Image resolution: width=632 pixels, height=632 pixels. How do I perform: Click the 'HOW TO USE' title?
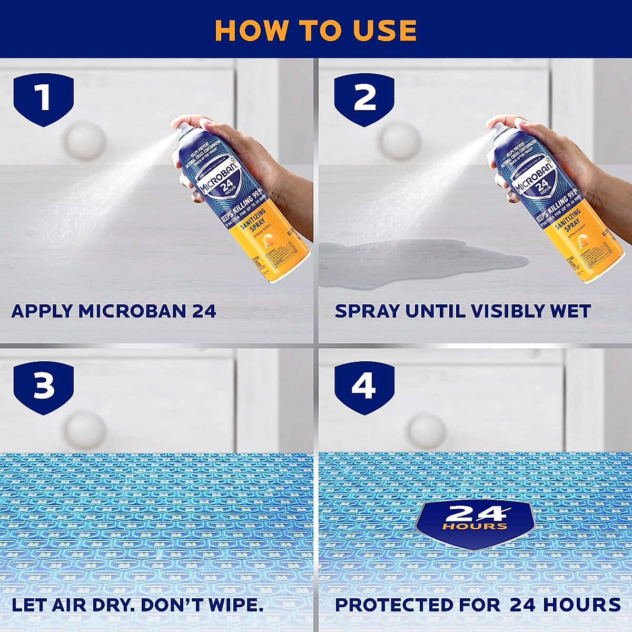316,30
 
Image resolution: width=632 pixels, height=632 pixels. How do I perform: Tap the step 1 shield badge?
43,98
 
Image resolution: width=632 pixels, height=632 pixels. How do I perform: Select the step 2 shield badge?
364,98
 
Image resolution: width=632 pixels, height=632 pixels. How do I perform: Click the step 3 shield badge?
43,387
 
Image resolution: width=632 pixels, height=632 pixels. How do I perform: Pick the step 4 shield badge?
364,387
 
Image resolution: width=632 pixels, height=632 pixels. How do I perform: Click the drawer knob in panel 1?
84,141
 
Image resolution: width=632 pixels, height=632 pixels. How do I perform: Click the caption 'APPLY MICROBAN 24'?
114,311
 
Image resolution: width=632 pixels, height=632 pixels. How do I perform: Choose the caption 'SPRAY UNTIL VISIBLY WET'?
462,311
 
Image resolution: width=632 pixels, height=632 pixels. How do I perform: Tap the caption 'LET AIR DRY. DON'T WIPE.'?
137,605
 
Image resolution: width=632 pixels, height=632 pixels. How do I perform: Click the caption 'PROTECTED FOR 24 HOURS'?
478,605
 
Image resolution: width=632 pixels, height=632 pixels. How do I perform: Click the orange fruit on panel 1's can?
268,241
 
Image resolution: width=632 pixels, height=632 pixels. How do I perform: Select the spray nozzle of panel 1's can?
178,126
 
